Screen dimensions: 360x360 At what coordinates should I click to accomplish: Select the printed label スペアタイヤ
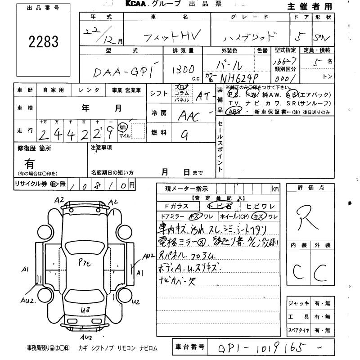point(298,331)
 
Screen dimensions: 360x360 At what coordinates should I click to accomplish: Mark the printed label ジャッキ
point(298,304)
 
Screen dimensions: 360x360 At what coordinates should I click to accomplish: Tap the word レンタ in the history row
point(90,90)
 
